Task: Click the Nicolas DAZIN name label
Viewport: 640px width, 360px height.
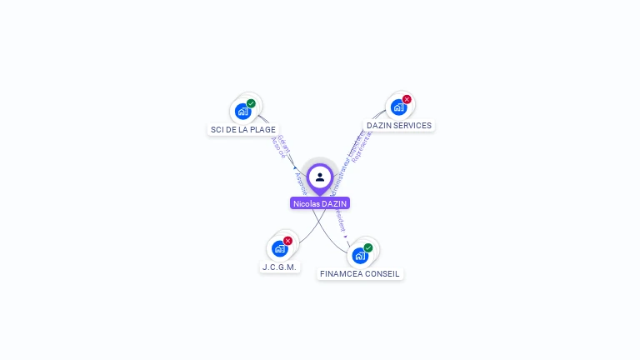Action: click(x=320, y=203)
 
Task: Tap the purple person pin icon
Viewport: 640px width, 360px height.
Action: click(x=320, y=177)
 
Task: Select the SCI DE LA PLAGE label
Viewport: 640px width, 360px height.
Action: click(x=243, y=129)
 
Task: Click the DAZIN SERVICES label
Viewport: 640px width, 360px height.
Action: click(x=399, y=126)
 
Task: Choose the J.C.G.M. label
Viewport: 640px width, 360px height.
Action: click(x=279, y=267)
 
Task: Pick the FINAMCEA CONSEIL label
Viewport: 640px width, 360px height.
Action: click(x=360, y=273)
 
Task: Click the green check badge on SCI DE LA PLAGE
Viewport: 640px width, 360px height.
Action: click(x=251, y=104)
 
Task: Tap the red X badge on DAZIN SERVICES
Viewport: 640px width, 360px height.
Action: click(x=407, y=100)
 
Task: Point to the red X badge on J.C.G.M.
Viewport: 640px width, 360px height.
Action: click(x=287, y=241)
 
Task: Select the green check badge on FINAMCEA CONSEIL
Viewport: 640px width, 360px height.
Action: click(x=367, y=247)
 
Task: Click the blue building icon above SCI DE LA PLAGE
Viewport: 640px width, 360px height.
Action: click(x=242, y=111)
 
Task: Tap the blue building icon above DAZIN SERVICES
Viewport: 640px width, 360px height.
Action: click(x=398, y=107)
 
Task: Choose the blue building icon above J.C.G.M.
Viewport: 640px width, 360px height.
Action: click(x=279, y=248)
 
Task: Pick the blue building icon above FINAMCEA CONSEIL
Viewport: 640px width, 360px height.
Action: click(x=359, y=255)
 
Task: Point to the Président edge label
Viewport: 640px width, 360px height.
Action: click(x=339, y=218)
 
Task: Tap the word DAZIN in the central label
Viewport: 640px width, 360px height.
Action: click(x=333, y=203)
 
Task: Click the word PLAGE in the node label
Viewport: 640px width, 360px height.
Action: click(x=262, y=129)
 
